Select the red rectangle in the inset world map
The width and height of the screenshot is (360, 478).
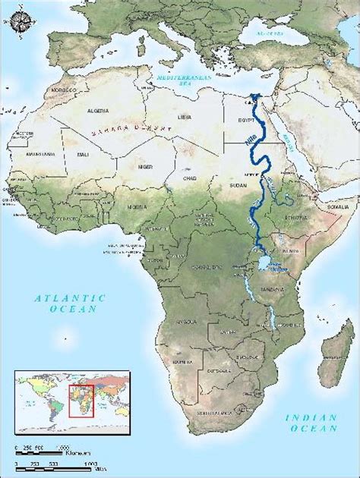click(81, 398)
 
